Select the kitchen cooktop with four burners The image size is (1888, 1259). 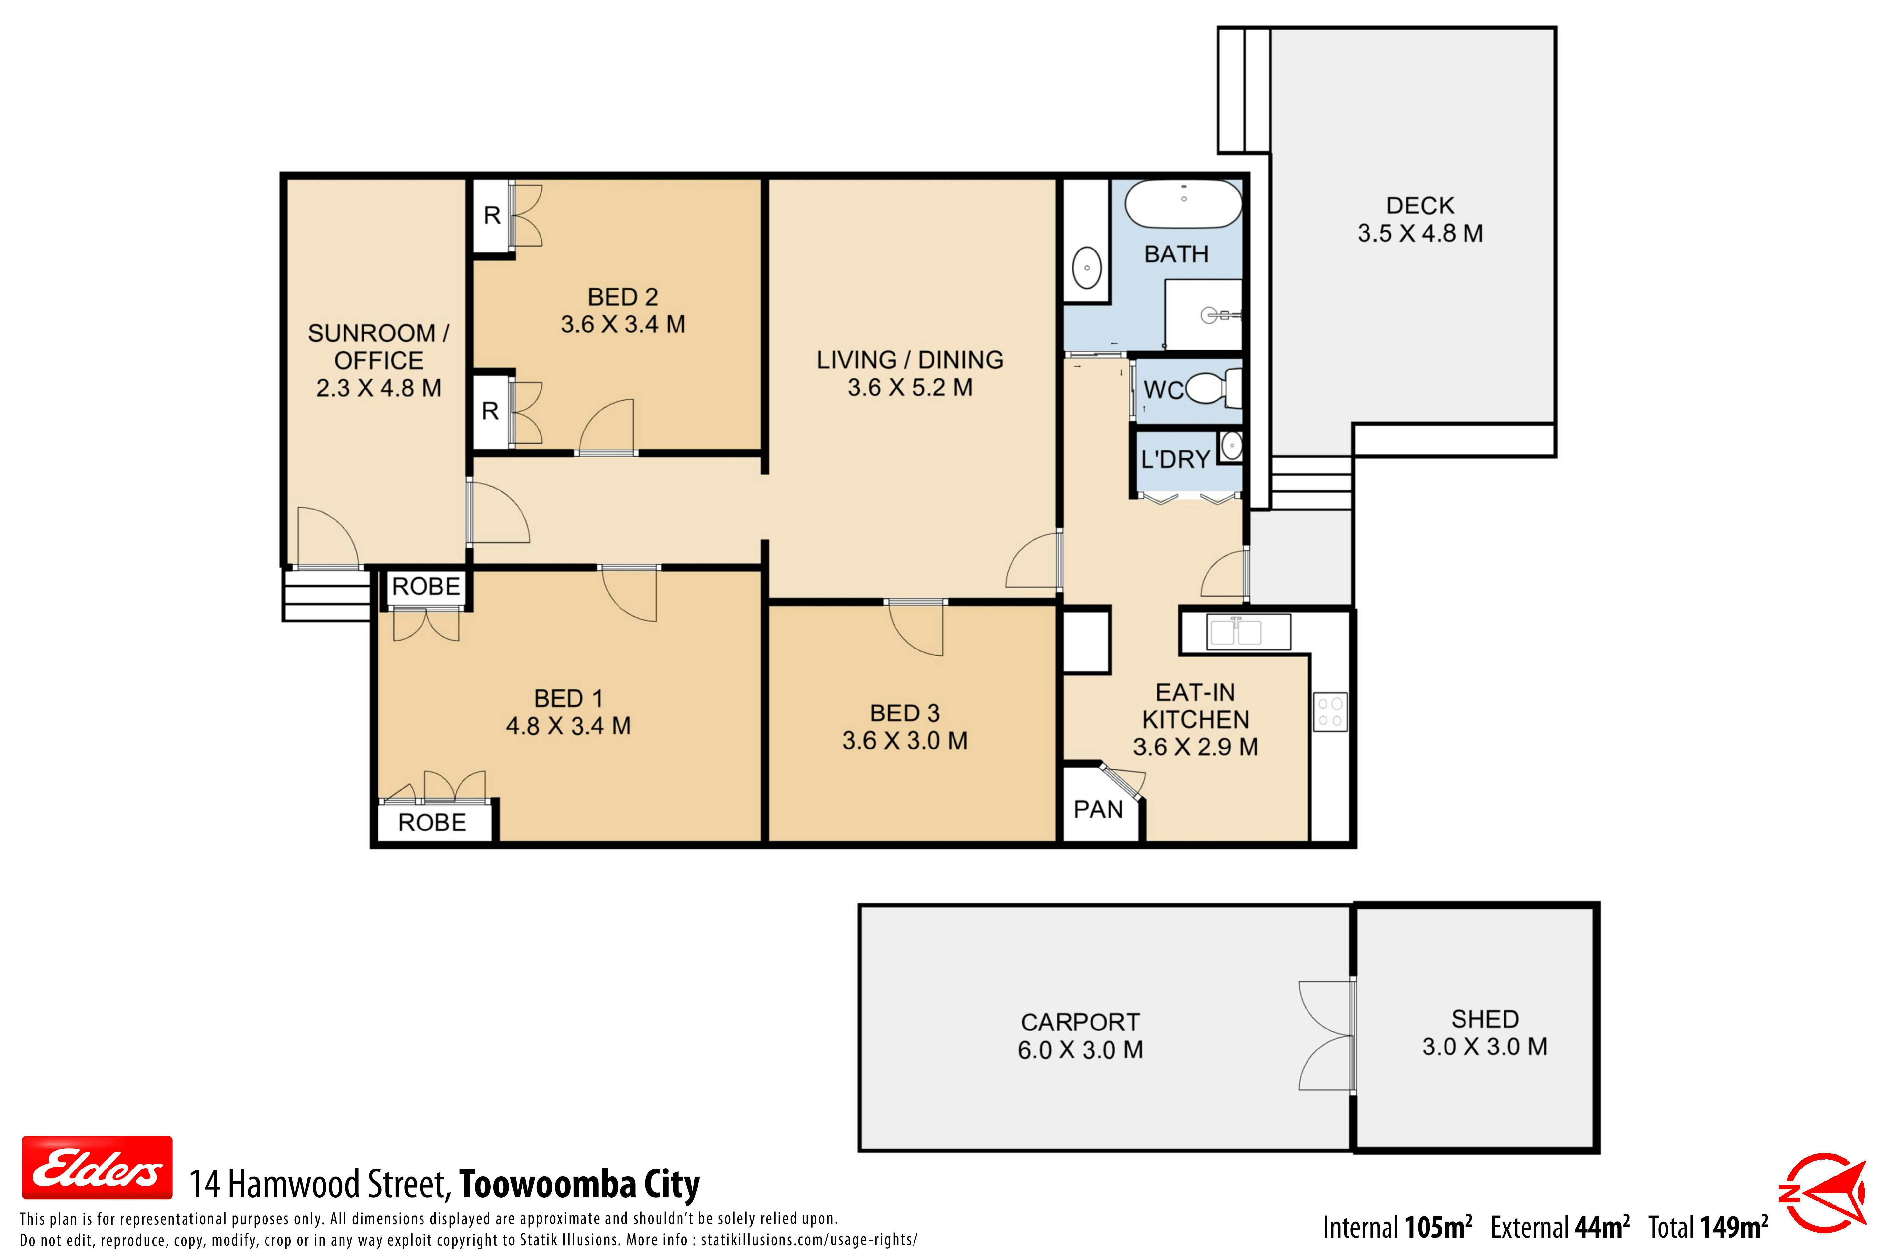point(1330,711)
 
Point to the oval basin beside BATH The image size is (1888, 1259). point(1087,268)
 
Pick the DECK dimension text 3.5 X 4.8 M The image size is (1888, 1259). point(1420,234)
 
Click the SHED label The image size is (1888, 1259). point(1485,1019)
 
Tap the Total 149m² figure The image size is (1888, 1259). point(1708,1227)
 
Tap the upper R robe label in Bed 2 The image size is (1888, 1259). point(492,215)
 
